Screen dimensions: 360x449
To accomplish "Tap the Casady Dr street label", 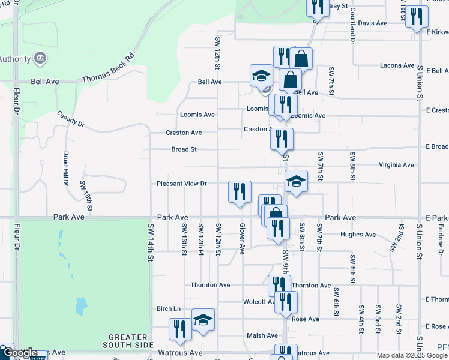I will pos(71,118).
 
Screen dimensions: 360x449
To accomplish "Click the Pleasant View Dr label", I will pos(181,184).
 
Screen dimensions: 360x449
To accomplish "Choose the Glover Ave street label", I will pos(243,239).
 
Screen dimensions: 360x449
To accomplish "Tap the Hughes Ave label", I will pos(358,235).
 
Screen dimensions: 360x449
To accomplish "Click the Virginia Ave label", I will pos(396,164).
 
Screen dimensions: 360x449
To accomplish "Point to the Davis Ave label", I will pos(372,23).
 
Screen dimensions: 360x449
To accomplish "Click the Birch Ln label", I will pos(169,308).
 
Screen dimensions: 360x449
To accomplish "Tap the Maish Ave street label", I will pos(262,335).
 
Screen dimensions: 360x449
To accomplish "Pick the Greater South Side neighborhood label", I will pos(125,341).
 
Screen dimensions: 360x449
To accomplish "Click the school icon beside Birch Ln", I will pos(203,320).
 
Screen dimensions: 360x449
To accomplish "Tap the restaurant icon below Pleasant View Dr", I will pos(240,192).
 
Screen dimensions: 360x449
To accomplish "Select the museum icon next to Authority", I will pos(40,58).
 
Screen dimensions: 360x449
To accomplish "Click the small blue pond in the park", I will pos(80,306).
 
